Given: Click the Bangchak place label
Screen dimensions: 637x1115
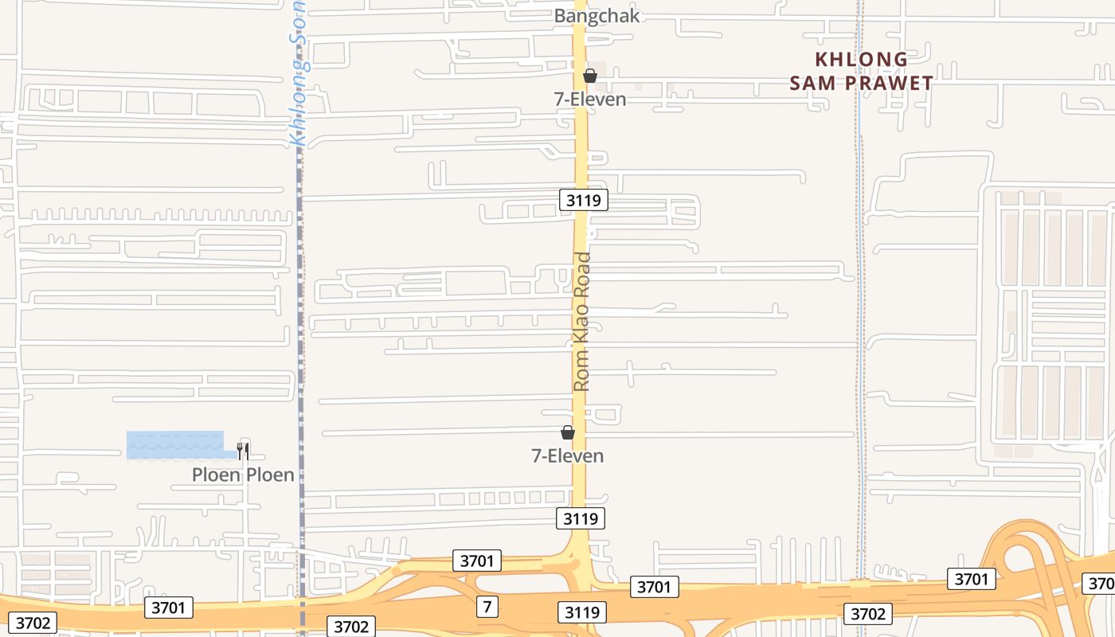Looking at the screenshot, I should point(597,16).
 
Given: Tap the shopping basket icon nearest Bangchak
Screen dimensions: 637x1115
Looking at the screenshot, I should point(590,76).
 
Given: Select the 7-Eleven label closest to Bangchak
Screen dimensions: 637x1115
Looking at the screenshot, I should point(590,100).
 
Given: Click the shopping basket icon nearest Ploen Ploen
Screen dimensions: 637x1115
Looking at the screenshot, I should point(568,432).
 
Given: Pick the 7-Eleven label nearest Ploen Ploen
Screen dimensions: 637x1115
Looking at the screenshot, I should point(568,456).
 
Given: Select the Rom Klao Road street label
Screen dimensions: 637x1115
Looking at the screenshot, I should point(582,322).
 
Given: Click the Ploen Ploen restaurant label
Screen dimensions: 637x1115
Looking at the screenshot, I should point(243,475).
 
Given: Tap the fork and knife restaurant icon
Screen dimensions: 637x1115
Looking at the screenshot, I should point(244,451).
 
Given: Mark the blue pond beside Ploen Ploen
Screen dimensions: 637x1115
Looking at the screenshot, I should point(176,445).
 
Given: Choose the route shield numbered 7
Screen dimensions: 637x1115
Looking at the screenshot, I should point(487,607).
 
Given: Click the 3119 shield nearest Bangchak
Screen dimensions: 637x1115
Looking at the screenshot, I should point(584,200).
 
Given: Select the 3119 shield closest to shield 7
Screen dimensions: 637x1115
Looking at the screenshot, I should point(582,612).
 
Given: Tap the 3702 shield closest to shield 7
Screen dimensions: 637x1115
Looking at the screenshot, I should point(351,627).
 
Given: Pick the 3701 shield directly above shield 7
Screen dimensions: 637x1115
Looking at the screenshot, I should point(477,561).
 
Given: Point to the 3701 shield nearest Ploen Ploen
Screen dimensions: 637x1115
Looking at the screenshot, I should point(169,608).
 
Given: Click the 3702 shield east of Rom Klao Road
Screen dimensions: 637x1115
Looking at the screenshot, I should point(867,614).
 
